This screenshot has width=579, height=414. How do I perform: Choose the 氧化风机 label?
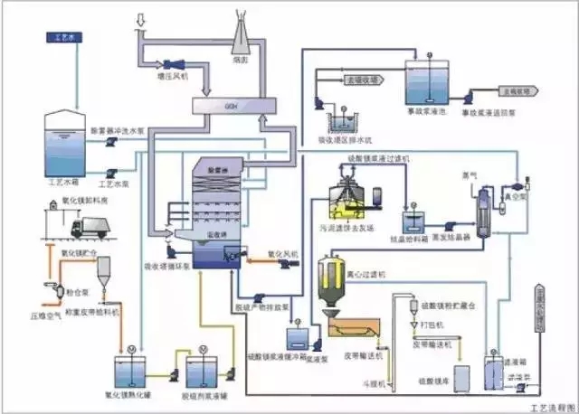click(x=282, y=252)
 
